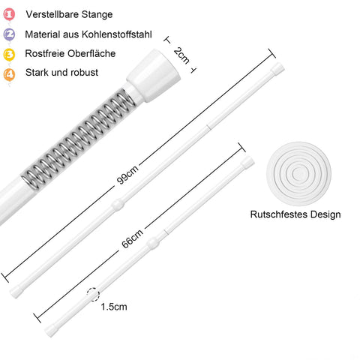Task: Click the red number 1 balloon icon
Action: pos(9,14)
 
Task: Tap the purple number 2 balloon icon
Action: pos(9,34)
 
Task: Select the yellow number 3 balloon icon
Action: pos(9,54)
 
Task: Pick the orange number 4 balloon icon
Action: pos(9,74)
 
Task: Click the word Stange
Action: pos(97,15)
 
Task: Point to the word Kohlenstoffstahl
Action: pos(117,34)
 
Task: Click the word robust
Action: pos(85,73)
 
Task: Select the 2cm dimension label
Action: pos(181,55)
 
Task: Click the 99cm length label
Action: pos(127,175)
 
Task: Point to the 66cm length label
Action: pos(132,238)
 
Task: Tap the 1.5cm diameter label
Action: pos(114,307)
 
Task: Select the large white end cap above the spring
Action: pos(154,76)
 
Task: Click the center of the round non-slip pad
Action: pos(299,174)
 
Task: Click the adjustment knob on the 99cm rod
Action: pos(118,205)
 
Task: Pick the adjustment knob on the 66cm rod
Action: pos(153,243)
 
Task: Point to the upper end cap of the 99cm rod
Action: pos(277,69)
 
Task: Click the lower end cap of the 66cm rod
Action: pos(51,330)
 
